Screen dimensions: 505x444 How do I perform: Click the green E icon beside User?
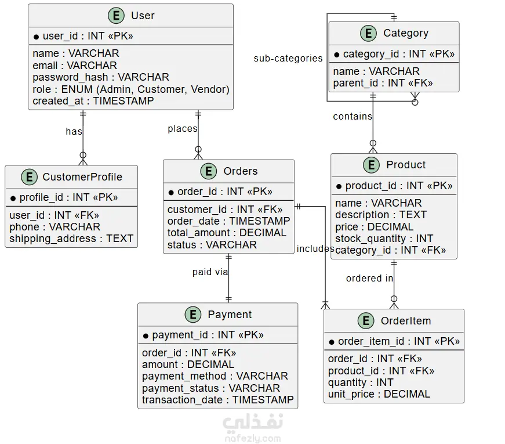pyautogui.click(x=116, y=16)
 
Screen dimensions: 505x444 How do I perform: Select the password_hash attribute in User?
pyautogui.click(x=101, y=77)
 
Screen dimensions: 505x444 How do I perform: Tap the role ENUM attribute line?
pyautogui.click(x=131, y=89)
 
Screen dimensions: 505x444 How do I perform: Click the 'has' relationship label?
pyautogui.click(x=74, y=132)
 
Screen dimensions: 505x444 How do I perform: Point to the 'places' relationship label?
pyautogui.click(x=182, y=129)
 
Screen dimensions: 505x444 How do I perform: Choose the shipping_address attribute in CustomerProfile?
pyautogui.click(x=71, y=239)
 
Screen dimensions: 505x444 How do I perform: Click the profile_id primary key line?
pyautogui.click(x=64, y=197)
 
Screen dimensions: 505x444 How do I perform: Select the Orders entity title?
pyautogui.click(x=241, y=171)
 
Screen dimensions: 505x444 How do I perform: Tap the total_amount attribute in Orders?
pyautogui.click(x=227, y=233)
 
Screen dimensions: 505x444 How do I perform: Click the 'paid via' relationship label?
pyautogui.click(x=210, y=272)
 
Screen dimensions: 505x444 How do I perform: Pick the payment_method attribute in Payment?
pyautogui.click(x=215, y=376)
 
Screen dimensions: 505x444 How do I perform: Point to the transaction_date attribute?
pyautogui.click(x=218, y=400)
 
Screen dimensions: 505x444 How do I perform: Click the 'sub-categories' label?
pyautogui.click(x=288, y=59)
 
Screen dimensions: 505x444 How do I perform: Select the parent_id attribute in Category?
pyautogui.click(x=383, y=83)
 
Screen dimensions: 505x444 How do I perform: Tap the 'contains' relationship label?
pyautogui.click(x=353, y=117)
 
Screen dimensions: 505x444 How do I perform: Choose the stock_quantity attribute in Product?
pyautogui.click(x=384, y=239)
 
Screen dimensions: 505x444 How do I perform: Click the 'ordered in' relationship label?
pyautogui.click(x=369, y=278)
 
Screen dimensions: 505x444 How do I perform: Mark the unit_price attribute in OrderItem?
pyautogui.click(x=379, y=394)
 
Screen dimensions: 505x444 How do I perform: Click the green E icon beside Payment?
pyautogui.click(x=193, y=315)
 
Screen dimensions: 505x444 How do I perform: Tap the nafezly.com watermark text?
pyautogui.click(x=253, y=439)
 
